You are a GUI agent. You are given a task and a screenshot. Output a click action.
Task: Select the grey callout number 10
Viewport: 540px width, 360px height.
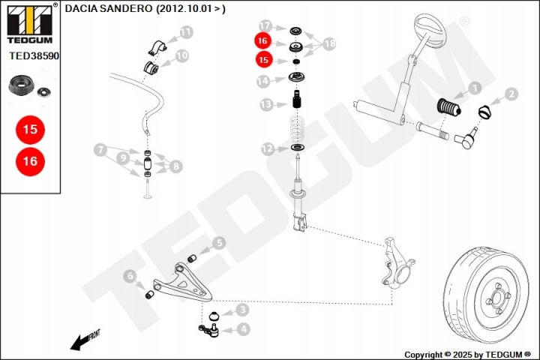pos(182,55)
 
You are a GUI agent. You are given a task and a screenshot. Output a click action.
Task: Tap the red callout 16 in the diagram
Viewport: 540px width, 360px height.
pos(262,40)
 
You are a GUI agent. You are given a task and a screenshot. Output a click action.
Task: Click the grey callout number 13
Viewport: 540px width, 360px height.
pos(265,104)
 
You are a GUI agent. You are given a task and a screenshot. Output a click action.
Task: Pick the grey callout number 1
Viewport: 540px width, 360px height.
pos(473,89)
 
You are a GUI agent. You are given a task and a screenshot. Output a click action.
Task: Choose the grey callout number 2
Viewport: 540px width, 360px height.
pos(511,94)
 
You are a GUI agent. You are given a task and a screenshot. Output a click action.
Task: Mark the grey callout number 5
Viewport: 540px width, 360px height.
pos(218,242)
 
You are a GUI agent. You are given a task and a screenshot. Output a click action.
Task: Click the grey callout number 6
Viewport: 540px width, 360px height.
pos(130,277)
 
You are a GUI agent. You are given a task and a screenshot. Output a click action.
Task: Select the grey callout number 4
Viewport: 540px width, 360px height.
pos(243,328)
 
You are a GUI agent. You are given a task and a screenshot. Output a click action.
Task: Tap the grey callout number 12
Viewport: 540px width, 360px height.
pos(268,149)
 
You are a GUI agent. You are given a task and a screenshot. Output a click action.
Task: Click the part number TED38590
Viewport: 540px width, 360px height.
pos(33,55)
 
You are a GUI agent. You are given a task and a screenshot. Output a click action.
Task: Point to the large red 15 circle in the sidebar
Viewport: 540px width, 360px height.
pos(30,130)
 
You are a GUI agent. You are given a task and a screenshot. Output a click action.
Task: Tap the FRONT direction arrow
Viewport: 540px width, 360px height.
pos(84,339)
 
